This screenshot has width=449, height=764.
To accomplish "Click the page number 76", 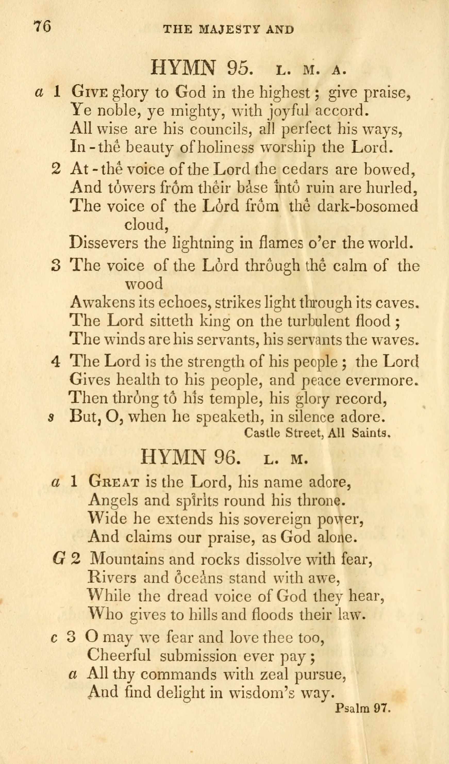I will (43, 26).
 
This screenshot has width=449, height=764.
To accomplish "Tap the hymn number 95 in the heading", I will (239, 68).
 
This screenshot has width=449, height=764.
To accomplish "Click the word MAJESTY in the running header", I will (224, 29).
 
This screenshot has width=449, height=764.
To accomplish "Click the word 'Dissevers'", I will (103, 243).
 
